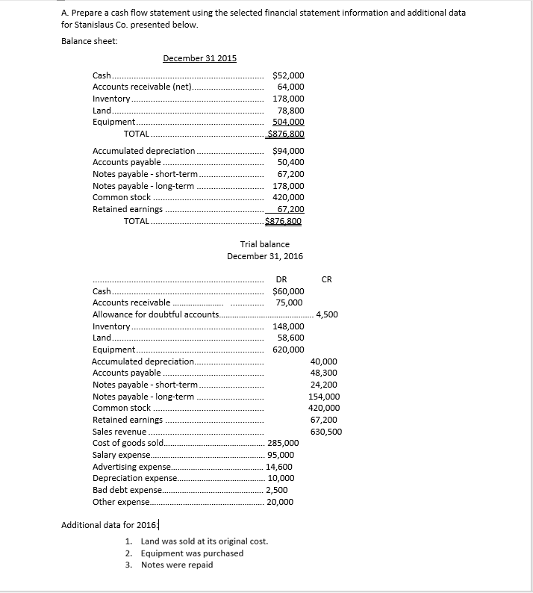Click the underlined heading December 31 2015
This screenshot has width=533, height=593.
199,59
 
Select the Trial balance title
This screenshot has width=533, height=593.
264,244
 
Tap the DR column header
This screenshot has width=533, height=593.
281,280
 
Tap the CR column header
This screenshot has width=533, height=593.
326,280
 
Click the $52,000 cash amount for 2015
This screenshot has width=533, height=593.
288,75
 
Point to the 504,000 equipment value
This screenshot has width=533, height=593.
289,122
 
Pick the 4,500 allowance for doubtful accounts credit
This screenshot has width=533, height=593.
327,314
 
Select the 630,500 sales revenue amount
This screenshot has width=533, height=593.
325,431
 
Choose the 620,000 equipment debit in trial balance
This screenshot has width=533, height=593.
288,350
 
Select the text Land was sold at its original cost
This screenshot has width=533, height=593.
204,541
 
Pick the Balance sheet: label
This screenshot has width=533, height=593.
89,40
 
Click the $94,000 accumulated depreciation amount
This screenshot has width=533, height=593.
288,151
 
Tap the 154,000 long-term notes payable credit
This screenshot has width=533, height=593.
324,397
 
